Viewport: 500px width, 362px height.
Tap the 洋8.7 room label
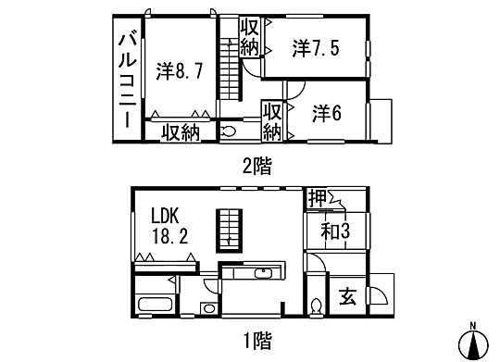tap(179, 70)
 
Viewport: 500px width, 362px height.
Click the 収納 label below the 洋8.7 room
tap(181, 132)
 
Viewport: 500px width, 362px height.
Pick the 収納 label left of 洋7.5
tap(249, 37)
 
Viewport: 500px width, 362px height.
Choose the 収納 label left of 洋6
tap(272, 120)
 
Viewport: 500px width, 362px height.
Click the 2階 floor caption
tap(257, 167)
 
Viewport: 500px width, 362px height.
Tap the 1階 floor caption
tap(257, 340)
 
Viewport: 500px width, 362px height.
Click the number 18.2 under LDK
tap(171, 236)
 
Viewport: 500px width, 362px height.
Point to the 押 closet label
tap(317, 196)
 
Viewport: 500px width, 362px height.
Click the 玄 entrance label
tap(347, 298)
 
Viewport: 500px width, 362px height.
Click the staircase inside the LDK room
tap(228, 228)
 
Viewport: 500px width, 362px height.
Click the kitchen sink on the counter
tap(262, 273)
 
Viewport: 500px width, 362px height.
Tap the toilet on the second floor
tap(229, 132)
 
